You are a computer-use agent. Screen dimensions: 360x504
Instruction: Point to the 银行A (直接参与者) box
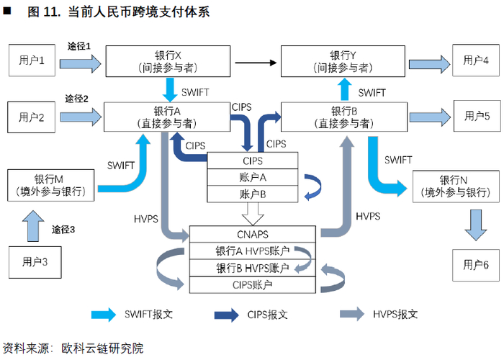pos(171,117)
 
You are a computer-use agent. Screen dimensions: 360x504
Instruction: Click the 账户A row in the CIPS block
pos(253,177)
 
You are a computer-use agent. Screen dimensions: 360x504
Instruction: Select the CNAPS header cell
pos(252,234)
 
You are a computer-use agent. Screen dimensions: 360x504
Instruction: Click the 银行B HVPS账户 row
pos(252,268)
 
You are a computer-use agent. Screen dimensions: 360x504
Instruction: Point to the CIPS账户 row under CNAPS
pos(252,284)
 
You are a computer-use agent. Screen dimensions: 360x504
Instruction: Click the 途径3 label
pos(63,230)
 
